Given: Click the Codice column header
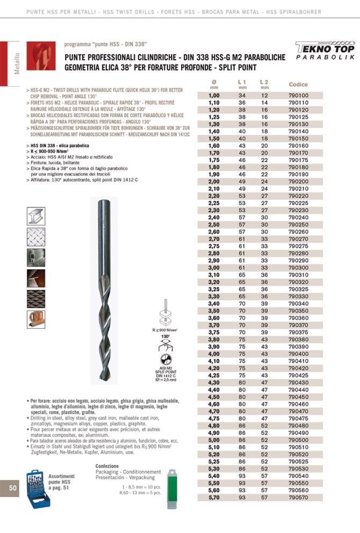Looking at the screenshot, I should [x=298, y=85].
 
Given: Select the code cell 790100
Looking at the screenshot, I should [x=298, y=95].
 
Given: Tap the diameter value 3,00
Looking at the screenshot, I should [x=214, y=268].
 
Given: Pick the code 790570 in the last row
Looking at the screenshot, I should [x=298, y=498].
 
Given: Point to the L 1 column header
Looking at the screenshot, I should [x=242, y=82].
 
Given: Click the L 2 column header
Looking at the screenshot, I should [x=264, y=82].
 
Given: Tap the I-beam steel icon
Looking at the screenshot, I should [x=35, y=216].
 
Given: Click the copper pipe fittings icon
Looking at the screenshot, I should [x=35, y=320].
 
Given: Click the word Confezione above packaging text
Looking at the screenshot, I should [x=107, y=466].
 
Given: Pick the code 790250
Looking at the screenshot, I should [x=298, y=224].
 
